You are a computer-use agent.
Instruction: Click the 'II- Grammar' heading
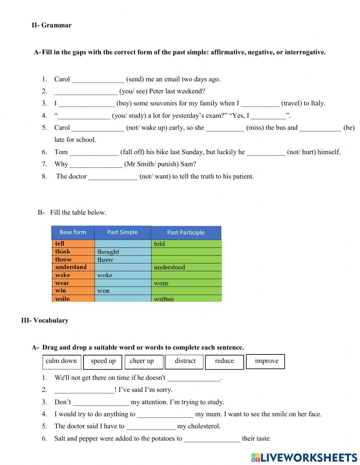[51, 25]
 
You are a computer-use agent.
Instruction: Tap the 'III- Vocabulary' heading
[45, 320]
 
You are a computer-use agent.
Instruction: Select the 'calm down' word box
[62, 361]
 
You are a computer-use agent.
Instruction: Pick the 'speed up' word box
[103, 362]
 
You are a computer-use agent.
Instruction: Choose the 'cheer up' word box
[144, 362]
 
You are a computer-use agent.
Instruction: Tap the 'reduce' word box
[224, 362]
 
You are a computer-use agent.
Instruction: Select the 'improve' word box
[265, 362]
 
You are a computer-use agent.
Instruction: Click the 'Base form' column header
[73, 232]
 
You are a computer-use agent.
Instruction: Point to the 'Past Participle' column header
[185, 233]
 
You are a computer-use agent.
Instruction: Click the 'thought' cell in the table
[122, 252]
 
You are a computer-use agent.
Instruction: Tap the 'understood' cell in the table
[186, 267]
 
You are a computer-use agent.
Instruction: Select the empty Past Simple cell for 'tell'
[122, 244]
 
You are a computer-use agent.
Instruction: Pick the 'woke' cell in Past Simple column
[122, 275]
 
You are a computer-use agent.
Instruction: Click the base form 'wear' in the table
[73, 283]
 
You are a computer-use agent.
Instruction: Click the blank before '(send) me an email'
[98, 80]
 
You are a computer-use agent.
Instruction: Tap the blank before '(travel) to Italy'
[260, 104]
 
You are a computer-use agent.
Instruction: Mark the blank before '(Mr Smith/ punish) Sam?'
[96, 165]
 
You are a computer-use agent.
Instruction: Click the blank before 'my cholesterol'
[151, 426]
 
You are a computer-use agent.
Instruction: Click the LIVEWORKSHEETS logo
[304, 457]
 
